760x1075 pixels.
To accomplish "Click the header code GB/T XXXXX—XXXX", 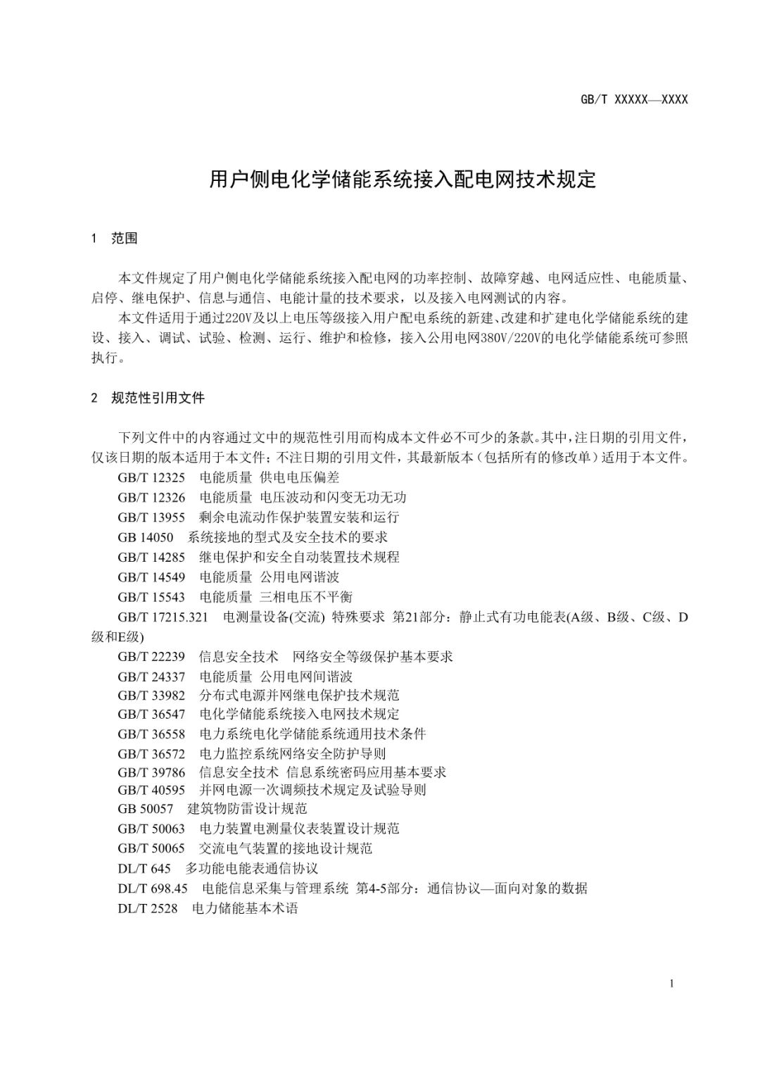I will point(633,100).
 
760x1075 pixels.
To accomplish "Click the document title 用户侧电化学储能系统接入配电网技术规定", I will point(403,180).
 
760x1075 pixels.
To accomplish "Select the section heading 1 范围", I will point(115,239).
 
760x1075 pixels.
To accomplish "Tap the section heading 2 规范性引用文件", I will point(148,398).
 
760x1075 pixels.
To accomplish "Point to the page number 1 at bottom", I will point(672,983).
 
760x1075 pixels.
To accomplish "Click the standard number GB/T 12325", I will point(151,477).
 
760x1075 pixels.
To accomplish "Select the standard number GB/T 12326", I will point(151,497).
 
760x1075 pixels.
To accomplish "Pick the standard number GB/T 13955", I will point(151,517).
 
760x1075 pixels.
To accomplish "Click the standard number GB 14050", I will point(145,537).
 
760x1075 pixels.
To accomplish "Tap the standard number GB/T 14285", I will point(151,557).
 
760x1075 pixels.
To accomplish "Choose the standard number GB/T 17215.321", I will point(163,617).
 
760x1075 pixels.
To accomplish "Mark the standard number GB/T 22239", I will point(151,657).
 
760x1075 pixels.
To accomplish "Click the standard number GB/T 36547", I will point(151,714).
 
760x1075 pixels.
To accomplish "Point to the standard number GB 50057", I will point(145,808).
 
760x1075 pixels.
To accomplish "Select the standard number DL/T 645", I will point(144,868).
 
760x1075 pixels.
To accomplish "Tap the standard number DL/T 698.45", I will point(153,888).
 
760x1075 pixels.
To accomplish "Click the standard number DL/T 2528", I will point(148,908).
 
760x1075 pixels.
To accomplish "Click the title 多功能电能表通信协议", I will point(252,868).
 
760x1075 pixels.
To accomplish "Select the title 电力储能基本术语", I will point(245,908).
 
